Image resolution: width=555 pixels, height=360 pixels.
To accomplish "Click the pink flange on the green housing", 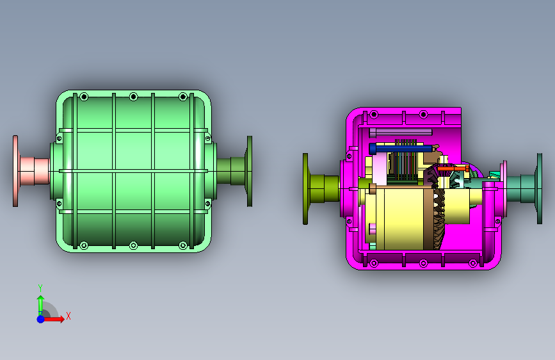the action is point(15,171).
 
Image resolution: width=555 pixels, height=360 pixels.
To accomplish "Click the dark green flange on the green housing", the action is point(250,171).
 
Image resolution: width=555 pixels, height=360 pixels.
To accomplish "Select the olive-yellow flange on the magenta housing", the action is point(305,189).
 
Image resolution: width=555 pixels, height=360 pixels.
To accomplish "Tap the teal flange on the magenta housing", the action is point(540,188).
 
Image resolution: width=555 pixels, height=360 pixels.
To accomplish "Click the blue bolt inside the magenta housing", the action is point(401,148).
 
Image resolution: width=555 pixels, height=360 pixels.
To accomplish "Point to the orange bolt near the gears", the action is point(453,168).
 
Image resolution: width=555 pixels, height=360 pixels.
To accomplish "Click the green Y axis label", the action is point(40,288).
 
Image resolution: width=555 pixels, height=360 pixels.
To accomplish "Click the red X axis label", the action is point(68,316).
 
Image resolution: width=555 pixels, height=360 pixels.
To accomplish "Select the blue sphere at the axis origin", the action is point(41,319).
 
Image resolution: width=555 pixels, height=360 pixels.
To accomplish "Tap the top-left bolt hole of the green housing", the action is point(84,96).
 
